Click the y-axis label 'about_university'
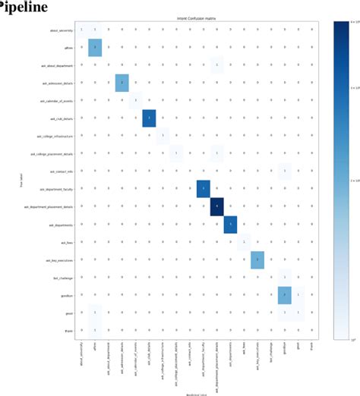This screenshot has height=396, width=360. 60,30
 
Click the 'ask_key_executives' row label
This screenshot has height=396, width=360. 55,259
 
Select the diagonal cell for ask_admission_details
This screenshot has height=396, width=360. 122,82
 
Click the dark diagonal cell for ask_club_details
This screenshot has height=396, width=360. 149,118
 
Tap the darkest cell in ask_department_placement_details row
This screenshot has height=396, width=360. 217,206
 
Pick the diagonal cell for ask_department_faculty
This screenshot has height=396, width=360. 203,188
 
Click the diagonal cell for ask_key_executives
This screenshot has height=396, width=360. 257,259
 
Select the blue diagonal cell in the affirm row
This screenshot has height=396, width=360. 95,47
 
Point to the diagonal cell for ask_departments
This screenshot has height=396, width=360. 231,224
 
